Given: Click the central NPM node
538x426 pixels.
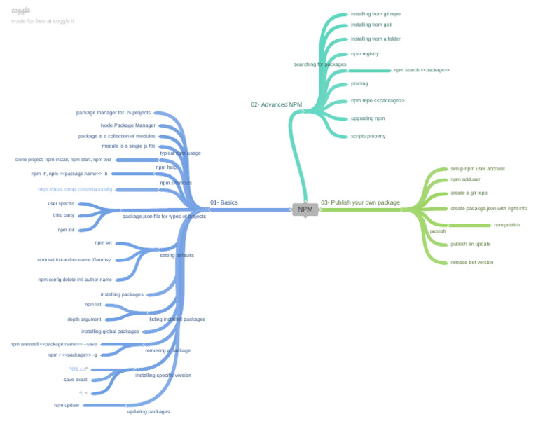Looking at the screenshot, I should coord(305,209).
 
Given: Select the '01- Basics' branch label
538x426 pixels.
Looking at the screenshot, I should coord(224,202).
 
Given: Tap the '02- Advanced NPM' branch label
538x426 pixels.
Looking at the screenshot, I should coord(276,104).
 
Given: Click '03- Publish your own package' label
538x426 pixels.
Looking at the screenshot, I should coord(360,202).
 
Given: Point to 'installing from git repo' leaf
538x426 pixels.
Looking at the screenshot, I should coord(375,14).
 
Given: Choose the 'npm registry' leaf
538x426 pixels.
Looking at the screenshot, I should coord(365,54).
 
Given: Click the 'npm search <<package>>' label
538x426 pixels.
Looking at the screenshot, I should coord(422,70).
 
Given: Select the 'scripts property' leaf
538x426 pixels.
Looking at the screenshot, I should coord(368,136).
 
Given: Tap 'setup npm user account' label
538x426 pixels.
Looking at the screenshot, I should coord(477,169).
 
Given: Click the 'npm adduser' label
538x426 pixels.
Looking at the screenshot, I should coord(465,179).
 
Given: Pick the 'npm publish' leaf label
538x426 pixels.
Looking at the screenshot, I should coord(506,225).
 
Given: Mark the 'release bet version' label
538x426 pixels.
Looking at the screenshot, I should coord(471,262).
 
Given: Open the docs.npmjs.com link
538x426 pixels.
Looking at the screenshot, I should coord(75,189).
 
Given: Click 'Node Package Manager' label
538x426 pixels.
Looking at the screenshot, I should coord(128,125).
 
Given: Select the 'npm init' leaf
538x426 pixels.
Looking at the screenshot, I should coord(67,229).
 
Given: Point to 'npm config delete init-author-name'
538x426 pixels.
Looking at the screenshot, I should coord(75,280).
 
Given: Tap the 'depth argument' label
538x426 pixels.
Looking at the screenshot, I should coord(84,319).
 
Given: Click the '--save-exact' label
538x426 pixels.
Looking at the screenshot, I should coord(74,380).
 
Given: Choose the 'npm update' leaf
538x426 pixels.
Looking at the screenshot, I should coord(67,405).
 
